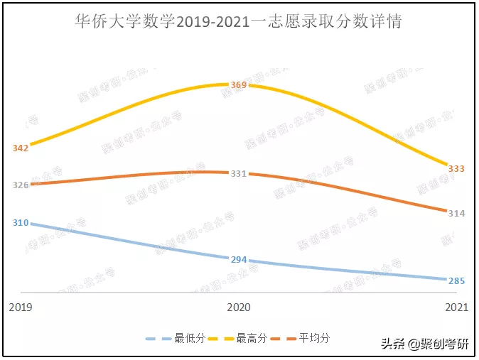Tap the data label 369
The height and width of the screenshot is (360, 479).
coord(239,85)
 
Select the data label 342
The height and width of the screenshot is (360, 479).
coord(21,148)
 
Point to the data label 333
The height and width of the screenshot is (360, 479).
coord(456,168)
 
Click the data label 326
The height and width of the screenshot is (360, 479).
coord(21,185)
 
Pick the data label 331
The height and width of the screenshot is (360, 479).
coord(239,173)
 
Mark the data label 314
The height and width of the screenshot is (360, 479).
coord(456,213)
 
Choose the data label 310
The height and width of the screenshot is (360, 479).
coord(21,223)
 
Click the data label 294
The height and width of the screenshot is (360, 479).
coord(239,259)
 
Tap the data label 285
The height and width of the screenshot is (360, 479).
coord(456,280)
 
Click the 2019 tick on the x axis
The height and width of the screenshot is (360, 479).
coord(21,307)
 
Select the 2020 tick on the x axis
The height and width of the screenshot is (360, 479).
coord(239,307)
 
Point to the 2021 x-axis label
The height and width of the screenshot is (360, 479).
coord(456,307)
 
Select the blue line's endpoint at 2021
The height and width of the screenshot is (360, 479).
coord(447,279)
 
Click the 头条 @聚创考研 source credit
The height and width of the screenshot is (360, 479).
coord(425,344)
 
